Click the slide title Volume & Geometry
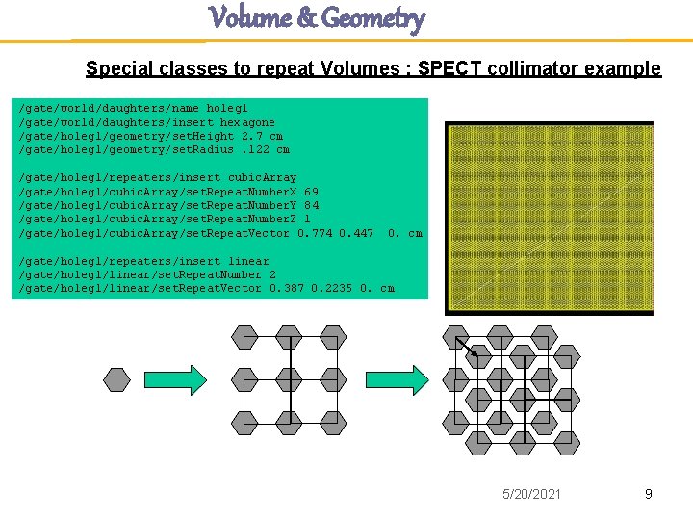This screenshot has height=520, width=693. [317, 18]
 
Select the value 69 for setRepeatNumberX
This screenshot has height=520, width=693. [311, 192]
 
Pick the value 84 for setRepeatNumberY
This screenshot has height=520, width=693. [311, 205]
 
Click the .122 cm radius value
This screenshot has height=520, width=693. [267, 149]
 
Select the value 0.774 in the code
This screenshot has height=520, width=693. [315, 233]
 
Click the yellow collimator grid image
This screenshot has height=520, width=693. [549, 218]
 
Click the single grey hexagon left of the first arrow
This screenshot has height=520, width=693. [116, 379]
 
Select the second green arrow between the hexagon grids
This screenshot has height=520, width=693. [405, 379]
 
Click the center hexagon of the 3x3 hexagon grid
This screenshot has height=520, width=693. [290, 379]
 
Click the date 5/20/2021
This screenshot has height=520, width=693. [532, 494]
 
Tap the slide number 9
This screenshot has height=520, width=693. [648, 494]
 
